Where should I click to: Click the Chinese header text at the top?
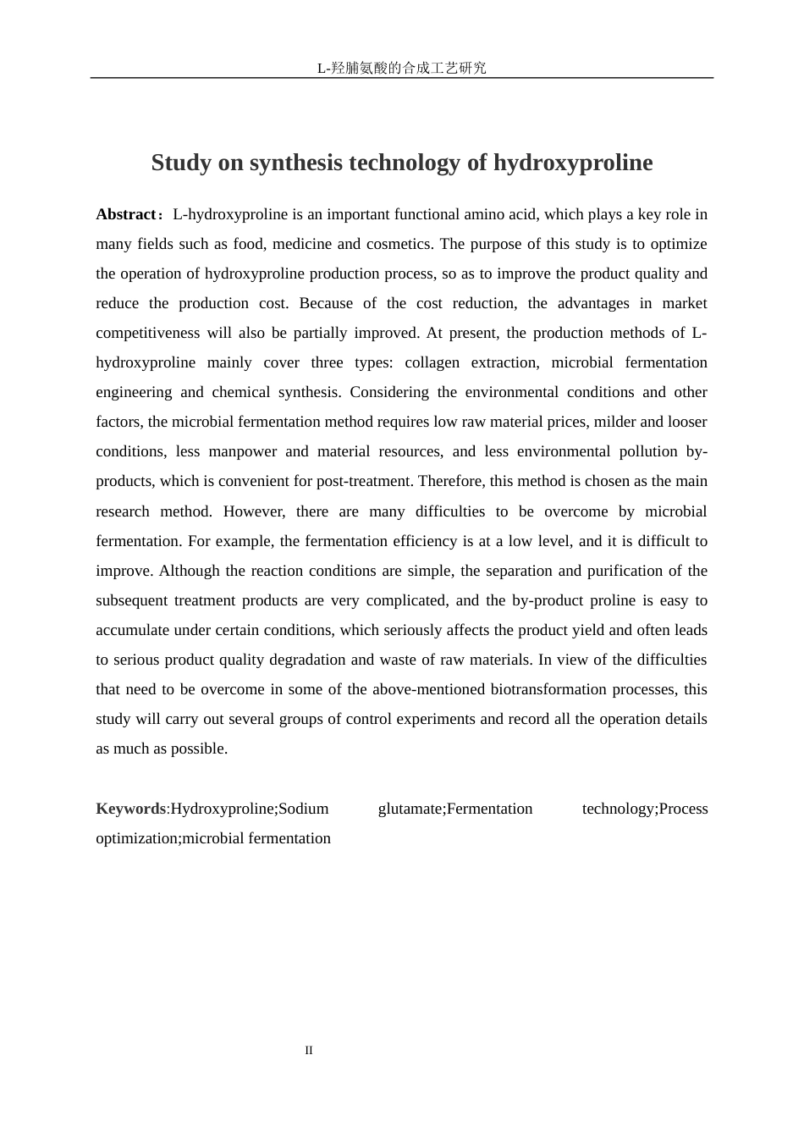401,68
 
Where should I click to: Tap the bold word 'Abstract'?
125,214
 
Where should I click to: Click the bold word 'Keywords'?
130,809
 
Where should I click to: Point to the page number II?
309,1051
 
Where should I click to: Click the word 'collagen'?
432,362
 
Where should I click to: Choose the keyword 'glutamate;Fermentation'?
455,809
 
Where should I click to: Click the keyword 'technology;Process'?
645,809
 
